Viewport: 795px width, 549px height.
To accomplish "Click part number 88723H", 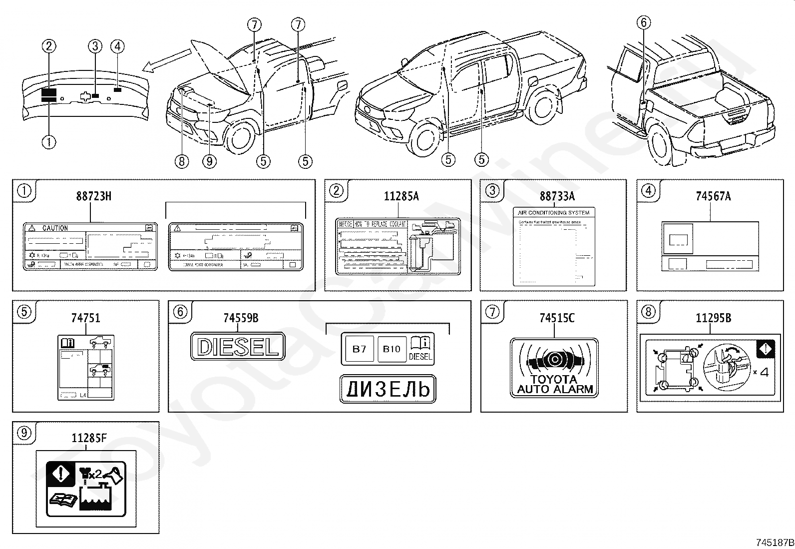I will click(94, 196).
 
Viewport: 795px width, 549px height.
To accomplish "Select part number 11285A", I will click(401, 196).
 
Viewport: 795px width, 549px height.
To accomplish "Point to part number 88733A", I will click(557, 196).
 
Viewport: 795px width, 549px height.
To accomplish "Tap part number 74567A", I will click(713, 196).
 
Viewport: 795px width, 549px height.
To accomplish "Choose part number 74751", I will click(86, 318).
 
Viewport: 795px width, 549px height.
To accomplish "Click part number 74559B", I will click(241, 318).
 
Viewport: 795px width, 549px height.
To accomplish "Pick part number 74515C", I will click(557, 318).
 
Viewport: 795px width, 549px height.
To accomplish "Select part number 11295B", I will click(713, 318).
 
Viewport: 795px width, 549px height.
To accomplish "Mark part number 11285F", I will click(89, 439).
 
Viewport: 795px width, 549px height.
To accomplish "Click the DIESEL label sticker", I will click(238, 346).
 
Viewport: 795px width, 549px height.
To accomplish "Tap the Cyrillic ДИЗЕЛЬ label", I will click(388, 389).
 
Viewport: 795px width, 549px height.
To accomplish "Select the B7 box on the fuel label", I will click(360, 349).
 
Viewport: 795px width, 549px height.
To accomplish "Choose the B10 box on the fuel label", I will click(392, 349).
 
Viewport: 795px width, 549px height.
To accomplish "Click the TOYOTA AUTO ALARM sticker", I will click(554, 368).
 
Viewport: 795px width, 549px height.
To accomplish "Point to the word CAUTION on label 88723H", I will click(55, 228).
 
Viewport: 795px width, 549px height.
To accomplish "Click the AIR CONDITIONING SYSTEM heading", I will click(554, 213).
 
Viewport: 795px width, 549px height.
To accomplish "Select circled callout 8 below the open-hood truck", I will click(182, 161).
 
